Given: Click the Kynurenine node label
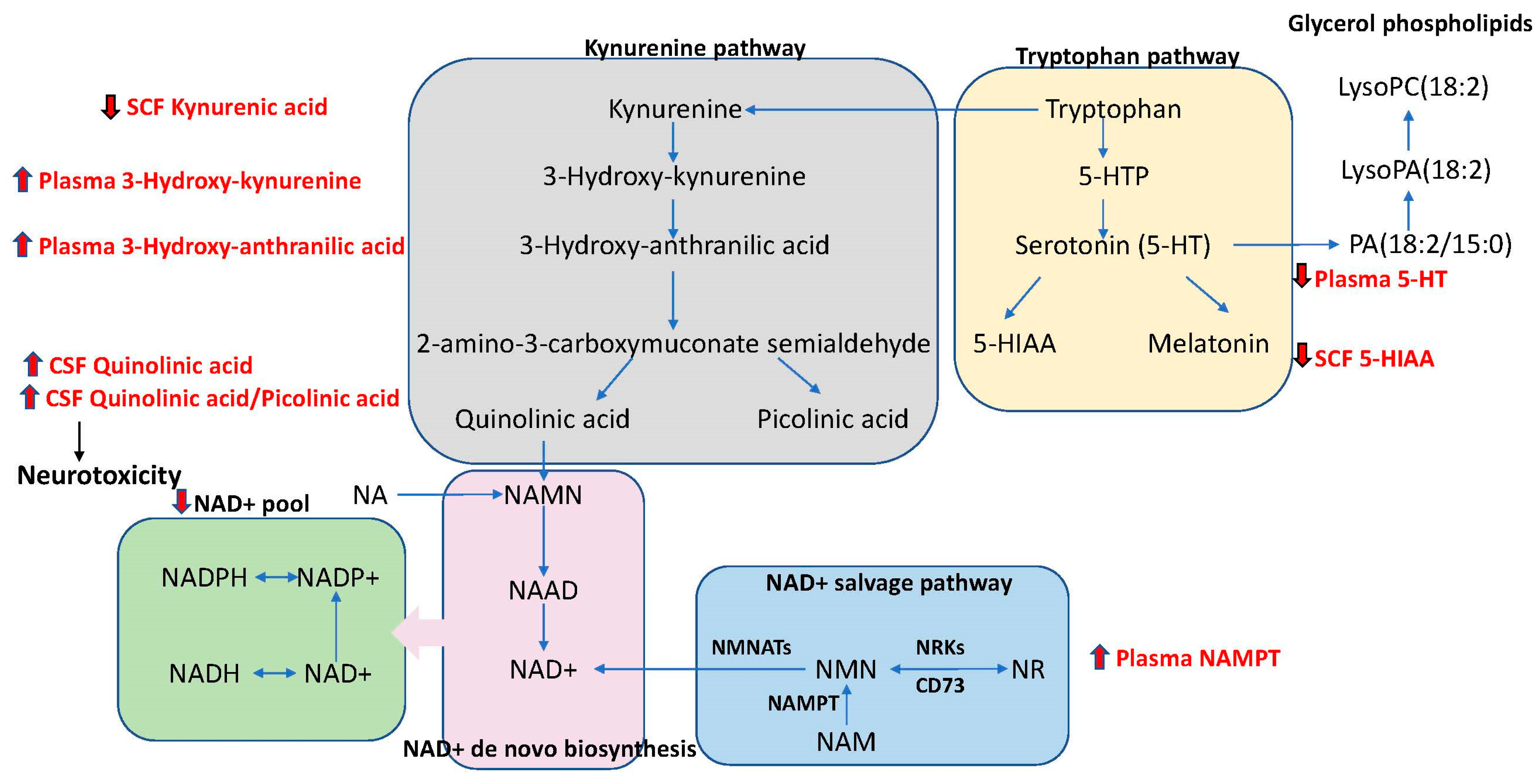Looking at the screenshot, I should [674, 109].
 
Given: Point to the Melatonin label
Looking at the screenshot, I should [1208, 344].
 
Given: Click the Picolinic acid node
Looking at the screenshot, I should [832, 419].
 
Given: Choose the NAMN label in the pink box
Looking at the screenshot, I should [542, 495].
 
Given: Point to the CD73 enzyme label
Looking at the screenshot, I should [940, 686].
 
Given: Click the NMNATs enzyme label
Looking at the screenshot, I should [751, 647].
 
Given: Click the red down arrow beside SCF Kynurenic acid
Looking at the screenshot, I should [110, 107].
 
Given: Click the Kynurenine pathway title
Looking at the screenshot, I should [694, 48].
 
